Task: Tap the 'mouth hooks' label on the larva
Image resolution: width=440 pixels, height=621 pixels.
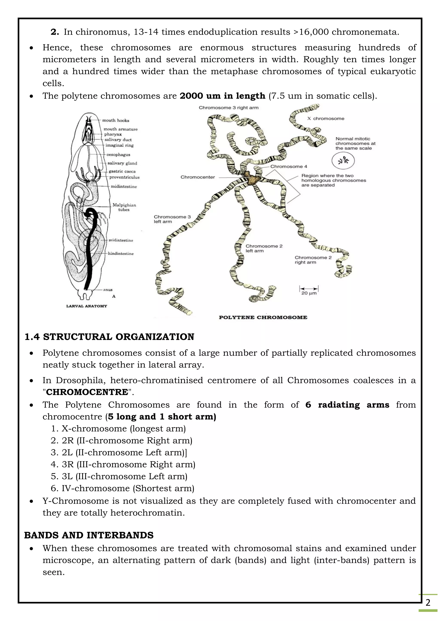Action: click(x=116, y=120)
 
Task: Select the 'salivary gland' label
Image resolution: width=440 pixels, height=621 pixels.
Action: click(x=122, y=163)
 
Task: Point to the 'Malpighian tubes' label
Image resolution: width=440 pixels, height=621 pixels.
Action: click(x=124, y=207)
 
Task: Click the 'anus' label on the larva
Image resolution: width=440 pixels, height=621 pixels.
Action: click(x=108, y=290)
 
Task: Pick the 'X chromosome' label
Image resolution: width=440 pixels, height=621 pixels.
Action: click(x=326, y=118)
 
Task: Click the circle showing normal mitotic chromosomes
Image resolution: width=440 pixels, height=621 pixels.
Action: click(x=343, y=161)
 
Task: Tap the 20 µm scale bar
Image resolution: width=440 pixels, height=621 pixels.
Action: click(x=309, y=289)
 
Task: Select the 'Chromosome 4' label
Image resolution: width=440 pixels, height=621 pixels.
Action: click(x=289, y=166)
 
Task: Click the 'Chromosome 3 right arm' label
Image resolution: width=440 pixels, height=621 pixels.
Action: click(x=229, y=108)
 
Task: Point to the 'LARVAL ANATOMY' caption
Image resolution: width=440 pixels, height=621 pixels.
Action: click(x=87, y=306)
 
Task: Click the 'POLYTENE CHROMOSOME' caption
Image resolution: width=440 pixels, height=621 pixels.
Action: click(x=263, y=317)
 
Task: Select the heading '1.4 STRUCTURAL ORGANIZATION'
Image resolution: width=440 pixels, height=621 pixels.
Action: click(x=109, y=337)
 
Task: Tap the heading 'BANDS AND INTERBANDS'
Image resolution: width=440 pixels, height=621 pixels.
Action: click(x=89, y=535)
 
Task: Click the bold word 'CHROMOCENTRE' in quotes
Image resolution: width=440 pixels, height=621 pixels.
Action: click(x=87, y=392)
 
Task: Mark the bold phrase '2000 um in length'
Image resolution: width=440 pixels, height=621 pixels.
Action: click(x=222, y=96)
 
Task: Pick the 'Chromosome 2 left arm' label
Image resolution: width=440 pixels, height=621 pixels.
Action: click(x=264, y=248)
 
